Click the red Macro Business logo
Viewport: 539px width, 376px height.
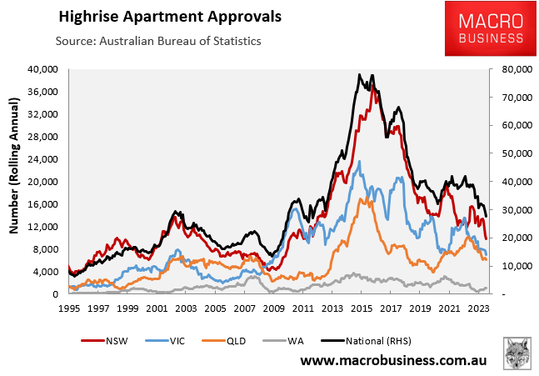pyautogui.click(x=485, y=28)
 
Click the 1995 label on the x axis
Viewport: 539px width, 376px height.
pyautogui.click(x=68, y=308)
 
